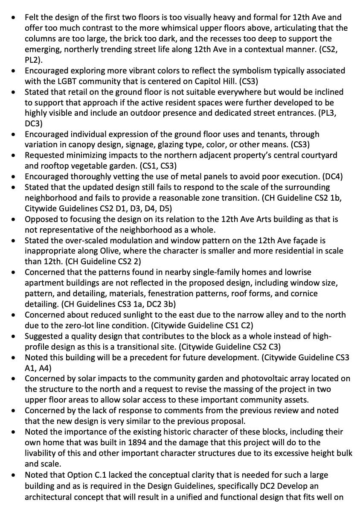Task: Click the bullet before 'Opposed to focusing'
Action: [15, 219]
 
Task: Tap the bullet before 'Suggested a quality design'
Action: [15, 336]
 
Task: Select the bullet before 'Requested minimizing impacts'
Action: [15, 155]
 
